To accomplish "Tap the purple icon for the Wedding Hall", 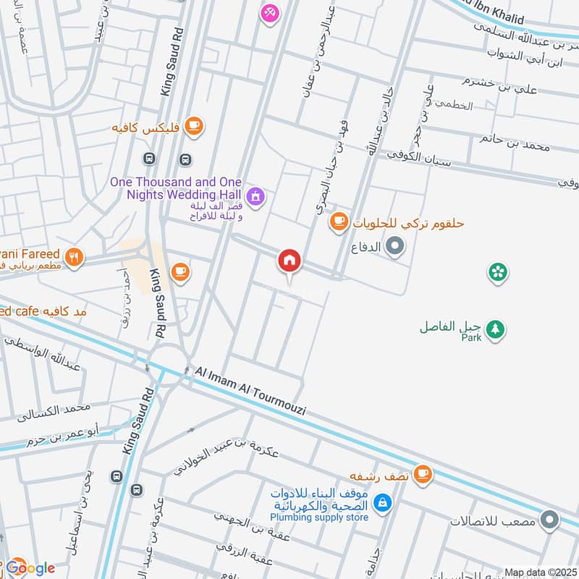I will point(255,195).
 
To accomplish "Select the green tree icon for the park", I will point(495,329).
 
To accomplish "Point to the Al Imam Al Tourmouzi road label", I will point(250,392).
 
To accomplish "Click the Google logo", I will point(29,568).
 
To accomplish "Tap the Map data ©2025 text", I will point(540,572).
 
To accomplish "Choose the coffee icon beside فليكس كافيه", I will point(193,127).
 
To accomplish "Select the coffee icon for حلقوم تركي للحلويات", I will point(338,221).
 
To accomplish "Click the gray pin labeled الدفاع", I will point(395,248).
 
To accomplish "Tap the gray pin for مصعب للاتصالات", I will point(550,520).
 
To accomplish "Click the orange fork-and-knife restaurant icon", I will point(74,256).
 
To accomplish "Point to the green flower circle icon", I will point(498,272).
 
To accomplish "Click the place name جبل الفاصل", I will point(452,327).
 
